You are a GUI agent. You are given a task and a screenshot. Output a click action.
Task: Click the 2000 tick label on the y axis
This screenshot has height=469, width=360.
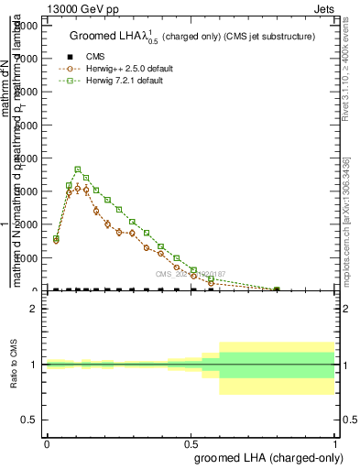click(x=27, y=224)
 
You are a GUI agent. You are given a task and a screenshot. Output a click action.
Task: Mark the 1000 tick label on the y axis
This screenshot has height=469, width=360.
click(x=27, y=257)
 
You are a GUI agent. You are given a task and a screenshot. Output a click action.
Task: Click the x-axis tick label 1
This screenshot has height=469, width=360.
click(x=335, y=444)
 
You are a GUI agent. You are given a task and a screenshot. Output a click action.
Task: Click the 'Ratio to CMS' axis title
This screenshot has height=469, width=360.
click(x=12, y=365)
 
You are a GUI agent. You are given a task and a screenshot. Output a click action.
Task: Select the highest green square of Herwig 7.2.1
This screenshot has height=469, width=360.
click(x=78, y=169)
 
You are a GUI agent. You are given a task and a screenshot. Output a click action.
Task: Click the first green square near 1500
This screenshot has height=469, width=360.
click(x=56, y=239)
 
